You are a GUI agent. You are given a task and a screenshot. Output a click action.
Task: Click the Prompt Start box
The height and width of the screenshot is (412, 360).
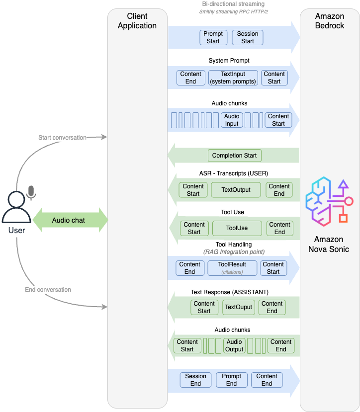213,38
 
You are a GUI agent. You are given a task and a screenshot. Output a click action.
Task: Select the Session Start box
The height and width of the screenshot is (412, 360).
248,38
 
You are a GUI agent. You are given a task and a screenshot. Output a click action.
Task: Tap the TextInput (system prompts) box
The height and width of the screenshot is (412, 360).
233,78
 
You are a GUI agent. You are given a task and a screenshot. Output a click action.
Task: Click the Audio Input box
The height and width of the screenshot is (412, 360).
232,120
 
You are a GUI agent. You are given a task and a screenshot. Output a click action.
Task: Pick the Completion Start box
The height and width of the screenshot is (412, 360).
234,156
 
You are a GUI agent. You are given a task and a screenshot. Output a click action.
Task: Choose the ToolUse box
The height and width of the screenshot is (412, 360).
237,228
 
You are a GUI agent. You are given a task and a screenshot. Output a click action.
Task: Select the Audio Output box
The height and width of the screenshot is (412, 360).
234,345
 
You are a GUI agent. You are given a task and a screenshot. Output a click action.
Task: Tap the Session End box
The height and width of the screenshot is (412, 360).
195,380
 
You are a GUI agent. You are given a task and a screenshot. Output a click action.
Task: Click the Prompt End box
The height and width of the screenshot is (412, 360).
231,380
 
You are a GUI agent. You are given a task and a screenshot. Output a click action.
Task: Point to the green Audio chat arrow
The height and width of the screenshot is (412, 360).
70,220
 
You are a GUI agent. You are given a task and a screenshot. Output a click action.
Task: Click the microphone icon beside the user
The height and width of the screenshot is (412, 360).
31,192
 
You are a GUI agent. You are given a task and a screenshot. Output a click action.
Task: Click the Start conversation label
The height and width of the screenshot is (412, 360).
62,138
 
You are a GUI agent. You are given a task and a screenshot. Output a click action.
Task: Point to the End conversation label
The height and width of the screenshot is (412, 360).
48,290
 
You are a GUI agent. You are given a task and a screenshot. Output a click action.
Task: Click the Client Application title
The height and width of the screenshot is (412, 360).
137,21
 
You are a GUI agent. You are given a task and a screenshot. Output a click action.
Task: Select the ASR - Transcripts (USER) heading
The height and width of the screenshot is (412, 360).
230,173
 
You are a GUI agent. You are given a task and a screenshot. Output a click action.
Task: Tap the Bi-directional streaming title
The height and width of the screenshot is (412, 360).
233,4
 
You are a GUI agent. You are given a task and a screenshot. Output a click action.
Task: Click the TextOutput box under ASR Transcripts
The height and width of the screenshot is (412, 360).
236,189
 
